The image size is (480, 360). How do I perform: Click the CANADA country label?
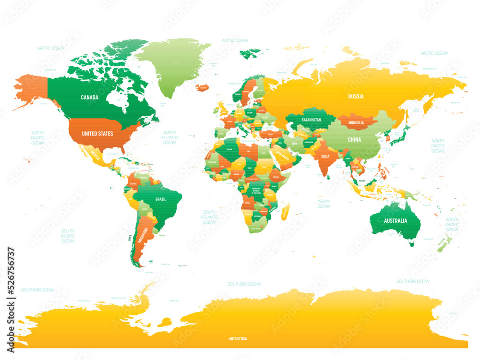(x=89, y=97)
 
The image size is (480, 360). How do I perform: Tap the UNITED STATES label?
(x=97, y=133)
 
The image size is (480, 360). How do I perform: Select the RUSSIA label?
(x=356, y=96)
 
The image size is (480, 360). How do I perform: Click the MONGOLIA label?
(x=355, y=123)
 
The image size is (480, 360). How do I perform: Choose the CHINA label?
(x=354, y=140)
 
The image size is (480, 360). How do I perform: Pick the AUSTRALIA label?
(x=395, y=221)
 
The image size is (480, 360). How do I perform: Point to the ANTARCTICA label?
(x=238, y=339)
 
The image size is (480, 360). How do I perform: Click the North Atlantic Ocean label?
(x=169, y=138)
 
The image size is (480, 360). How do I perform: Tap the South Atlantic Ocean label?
(x=209, y=217)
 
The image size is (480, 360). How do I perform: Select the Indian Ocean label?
(x=324, y=204)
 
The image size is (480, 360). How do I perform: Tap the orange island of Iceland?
(x=204, y=88)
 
